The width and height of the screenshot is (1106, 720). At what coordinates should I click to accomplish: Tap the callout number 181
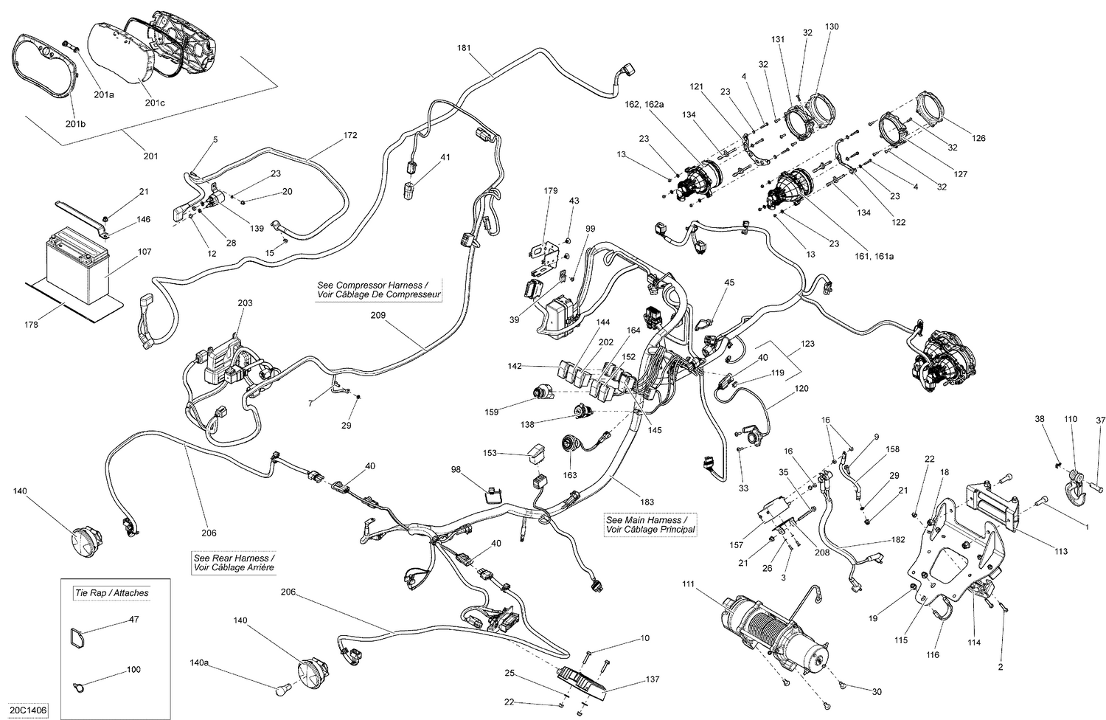coord(464,48)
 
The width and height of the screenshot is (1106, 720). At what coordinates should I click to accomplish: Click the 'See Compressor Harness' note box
coord(379,290)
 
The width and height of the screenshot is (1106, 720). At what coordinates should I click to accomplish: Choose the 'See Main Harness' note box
coord(650,525)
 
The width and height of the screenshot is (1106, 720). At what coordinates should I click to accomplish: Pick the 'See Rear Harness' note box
coord(230,563)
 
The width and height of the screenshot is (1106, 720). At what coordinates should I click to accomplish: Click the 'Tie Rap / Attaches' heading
coord(111,592)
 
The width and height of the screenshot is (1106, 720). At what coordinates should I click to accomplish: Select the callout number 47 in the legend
coord(133,620)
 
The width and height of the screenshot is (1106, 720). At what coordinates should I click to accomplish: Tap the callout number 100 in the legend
coord(133,670)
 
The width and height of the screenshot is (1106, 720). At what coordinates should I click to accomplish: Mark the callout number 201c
coord(154,103)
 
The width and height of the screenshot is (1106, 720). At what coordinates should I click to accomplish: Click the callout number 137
coord(632,679)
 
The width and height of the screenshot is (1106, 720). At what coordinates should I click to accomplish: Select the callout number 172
coord(349,135)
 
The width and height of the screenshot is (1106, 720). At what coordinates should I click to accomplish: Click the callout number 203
coord(245,303)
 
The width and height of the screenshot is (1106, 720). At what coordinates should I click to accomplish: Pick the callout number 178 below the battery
coord(29,324)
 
